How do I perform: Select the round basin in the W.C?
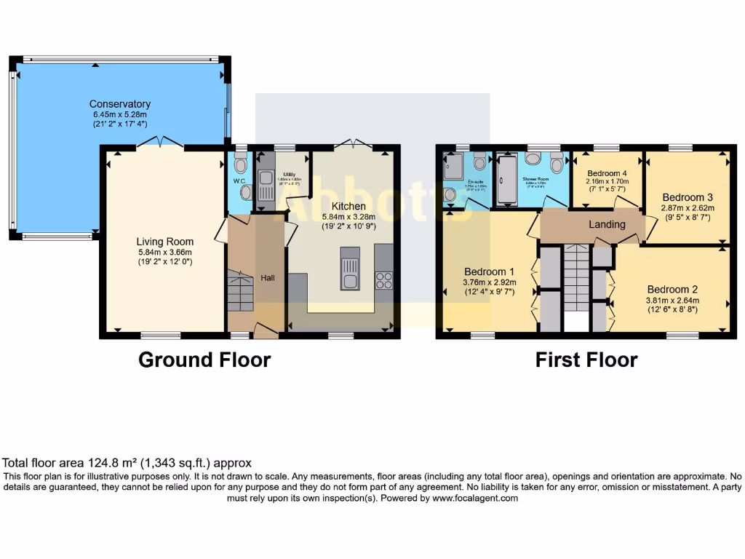[x=246, y=192]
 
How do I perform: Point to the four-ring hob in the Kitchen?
[x=383, y=279]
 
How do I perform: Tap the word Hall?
[x=268, y=277]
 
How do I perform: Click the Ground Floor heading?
[x=204, y=360]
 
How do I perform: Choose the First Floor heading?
[x=586, y=360]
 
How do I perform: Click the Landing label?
[x=606, y=224]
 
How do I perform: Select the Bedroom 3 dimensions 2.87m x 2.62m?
[x=688, y=207]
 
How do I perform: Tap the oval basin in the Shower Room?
[x=533, y=159]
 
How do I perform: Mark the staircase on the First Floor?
[x=576, y=277]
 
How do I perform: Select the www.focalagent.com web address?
[x=474, y=499]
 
